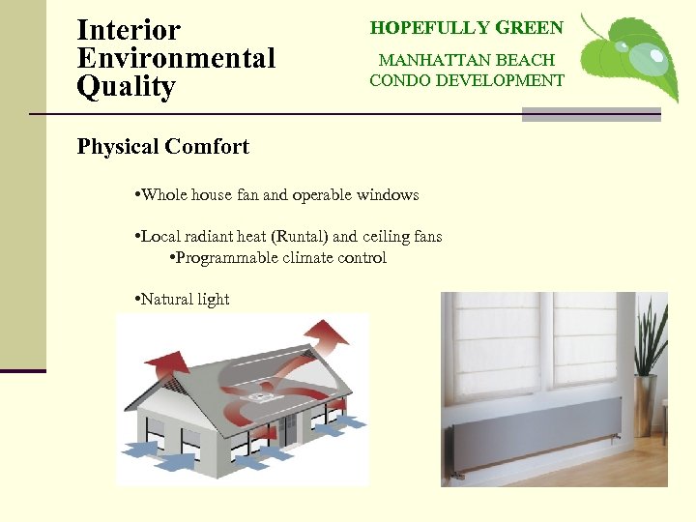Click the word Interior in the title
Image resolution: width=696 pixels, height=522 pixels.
click(x=128, y=30)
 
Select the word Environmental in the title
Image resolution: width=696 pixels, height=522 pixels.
click(x=176, y=58)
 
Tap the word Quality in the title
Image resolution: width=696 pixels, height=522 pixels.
click(x=126, y=87)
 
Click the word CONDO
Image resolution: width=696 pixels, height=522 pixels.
click(x=402, y=80)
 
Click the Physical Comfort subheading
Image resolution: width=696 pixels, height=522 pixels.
click(x=162, y=147)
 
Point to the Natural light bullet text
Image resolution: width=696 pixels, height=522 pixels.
click(x=185, y=300)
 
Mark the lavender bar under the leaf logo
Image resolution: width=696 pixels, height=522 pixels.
click(x=591, y=115)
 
